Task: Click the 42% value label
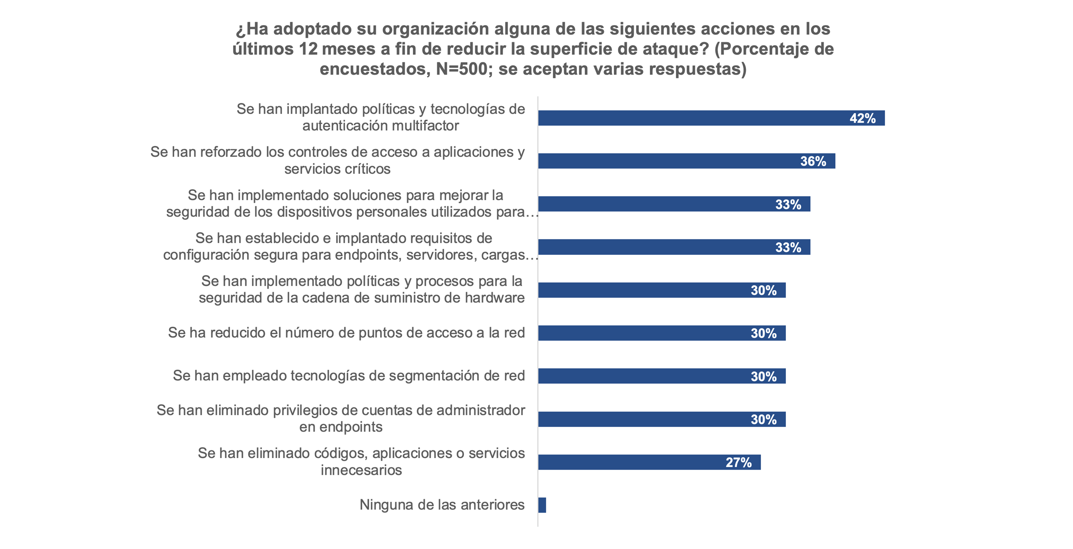tap(862, 118)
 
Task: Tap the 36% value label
tap(813, 161)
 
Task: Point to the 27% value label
tap(738, 462)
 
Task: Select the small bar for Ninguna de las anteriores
tap(542, 505)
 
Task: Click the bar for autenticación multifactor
tap(687, 118)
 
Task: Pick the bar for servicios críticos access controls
tap(665, 161)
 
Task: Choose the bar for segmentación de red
tap(644, 376)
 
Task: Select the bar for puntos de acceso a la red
tap(644, 333)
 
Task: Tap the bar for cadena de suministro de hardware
tap(644, 290)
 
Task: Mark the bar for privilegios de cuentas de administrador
tap(644, 419)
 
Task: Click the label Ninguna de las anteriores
tap(442, 505)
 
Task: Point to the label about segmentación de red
tap(349, 376)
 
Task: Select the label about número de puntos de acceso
tap(346, 333)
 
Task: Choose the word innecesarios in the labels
tap(361, 471)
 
